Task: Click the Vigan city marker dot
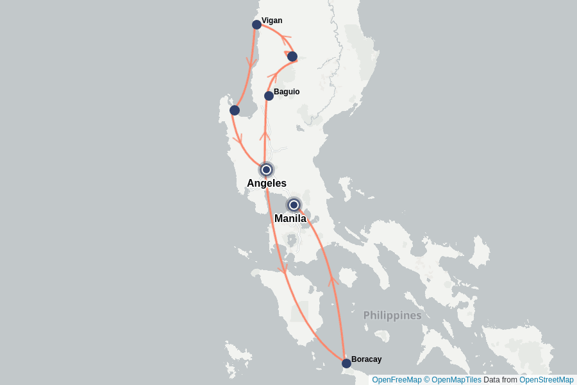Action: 256,24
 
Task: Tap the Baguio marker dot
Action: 269,96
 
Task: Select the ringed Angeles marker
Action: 266,169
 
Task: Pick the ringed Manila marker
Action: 294,205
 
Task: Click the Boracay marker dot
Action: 346,363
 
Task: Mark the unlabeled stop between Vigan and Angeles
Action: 235,110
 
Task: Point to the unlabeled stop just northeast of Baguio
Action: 292,56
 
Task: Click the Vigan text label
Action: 272,21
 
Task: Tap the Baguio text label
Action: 287,92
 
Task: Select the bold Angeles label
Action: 267,184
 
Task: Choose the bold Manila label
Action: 290,219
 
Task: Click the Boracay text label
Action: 366,359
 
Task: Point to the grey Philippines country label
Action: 392,315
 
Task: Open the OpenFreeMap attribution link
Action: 397,380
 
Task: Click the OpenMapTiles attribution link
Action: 456,380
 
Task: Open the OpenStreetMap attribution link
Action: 546,380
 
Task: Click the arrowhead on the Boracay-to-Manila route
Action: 333,280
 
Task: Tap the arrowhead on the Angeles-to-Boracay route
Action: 283,269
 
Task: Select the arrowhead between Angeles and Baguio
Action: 263,135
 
